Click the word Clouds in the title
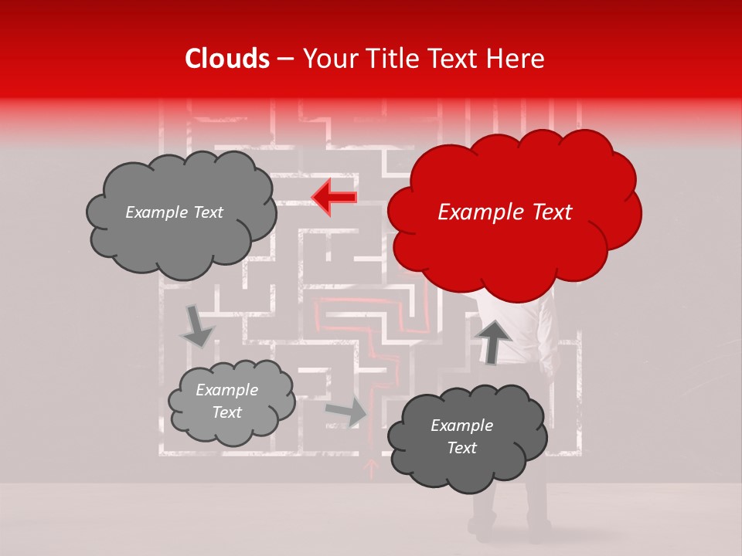(x=227, y=59)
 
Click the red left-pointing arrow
(x=334, y=197)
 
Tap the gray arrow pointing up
(x=492, y=341)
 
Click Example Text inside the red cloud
(x=505, y=212)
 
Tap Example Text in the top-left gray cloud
(x=174, y=212)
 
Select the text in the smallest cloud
(x=226, y=402)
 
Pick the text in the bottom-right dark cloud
(x=461, y=437)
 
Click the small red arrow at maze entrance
(x=371, y=467)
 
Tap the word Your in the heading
(x=323, y=59)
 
